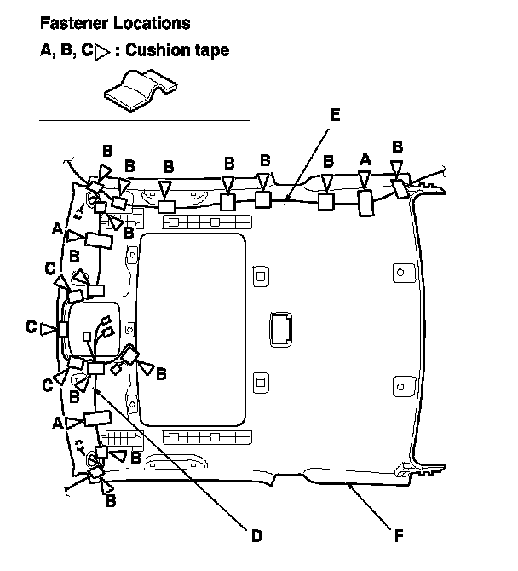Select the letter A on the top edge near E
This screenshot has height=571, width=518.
pos(365,159)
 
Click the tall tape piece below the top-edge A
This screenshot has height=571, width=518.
pos(365,203)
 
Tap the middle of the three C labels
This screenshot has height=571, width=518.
pos(31,326)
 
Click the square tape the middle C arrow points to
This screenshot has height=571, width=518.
pos(62,329)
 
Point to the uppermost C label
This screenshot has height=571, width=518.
pos(50,268)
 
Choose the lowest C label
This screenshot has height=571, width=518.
pos(49,385)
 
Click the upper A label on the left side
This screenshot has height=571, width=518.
pos(57,228)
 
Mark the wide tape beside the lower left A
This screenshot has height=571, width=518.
pos(96,418)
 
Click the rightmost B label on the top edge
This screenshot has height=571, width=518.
pos(396,146)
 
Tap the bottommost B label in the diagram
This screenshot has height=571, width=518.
pos(110,501)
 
